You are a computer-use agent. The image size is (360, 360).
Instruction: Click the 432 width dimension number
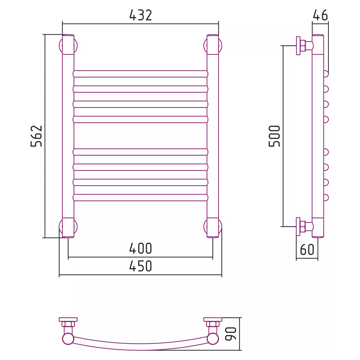[141, 15]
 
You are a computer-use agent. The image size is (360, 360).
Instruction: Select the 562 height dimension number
[37, 136]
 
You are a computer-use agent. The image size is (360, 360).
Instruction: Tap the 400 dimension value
[141, 248]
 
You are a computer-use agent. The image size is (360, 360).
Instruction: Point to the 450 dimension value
[141, 266]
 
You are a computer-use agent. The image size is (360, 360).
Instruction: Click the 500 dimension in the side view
[275, 136]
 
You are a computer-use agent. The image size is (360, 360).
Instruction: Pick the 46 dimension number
[320, 15]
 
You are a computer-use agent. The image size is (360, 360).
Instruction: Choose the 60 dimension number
[307, 249]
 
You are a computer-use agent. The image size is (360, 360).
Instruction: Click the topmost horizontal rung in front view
[140, 74]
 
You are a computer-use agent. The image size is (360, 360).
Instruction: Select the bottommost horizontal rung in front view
[140, 197]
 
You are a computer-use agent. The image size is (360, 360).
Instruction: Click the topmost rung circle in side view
[326, 74]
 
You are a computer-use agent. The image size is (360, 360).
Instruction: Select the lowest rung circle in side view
[326, 197]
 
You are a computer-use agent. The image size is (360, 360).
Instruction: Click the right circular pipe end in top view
[213, 339]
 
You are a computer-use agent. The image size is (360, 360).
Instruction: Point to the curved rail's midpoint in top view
[140, 347]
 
